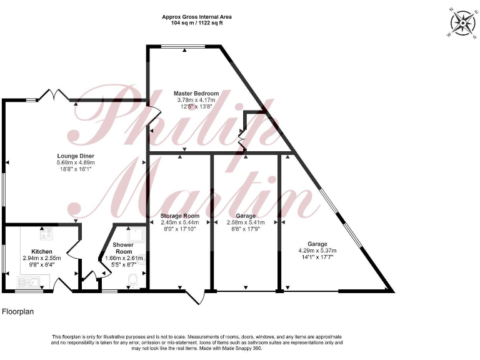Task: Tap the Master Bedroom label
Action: [x=196, y=94]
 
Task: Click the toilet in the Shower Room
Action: [x=132, y=282]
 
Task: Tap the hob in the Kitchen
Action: [x=46, y=235]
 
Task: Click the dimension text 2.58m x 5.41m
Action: [x=245, y=222]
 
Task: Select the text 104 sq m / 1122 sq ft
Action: [x=197, y=23]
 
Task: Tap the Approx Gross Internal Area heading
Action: [x=197, y=17]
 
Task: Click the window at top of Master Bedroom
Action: [x=184, y=46]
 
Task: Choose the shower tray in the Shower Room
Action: [x=138, y=234]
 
